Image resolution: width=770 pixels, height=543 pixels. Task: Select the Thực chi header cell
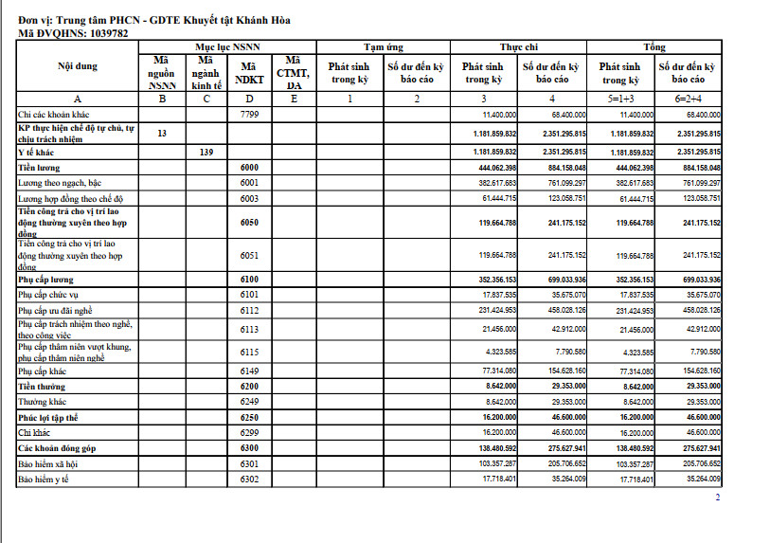pyautogui.click(x=518, y=46)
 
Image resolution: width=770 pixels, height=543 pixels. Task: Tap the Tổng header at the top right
pyautogui.click(x=654, y=46)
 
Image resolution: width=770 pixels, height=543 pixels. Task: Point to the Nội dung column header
pyautogui.click(x=78, y=66)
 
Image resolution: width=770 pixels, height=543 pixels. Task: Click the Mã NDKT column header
pyautogui.click(x=249, y=73)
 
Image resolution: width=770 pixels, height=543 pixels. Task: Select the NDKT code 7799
pyautogui.click(x=249, y=114)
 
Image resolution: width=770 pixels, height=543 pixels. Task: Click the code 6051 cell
pyautogui.click(x=249, y=256)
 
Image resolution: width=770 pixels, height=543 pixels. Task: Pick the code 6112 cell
pyautogui.click(x=249, y=311)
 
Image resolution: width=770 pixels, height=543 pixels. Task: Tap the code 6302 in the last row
pyautogui.click(x=249, y=480)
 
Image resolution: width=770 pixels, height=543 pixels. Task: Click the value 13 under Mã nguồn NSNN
pyautogui.click(x=162, y=134)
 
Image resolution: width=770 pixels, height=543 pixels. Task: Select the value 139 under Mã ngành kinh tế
pyautogui.click(x=206, y=152)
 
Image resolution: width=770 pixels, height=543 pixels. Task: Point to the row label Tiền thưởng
pyautogui.click(x=41, y=387)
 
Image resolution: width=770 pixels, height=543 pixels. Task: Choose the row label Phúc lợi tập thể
pyautogui.click(x=48, y=417)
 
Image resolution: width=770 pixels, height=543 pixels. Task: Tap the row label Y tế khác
pyautogui.click(x=36, y=152)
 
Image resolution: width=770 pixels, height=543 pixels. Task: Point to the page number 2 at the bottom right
pyautogui.click(x=717, y=497)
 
